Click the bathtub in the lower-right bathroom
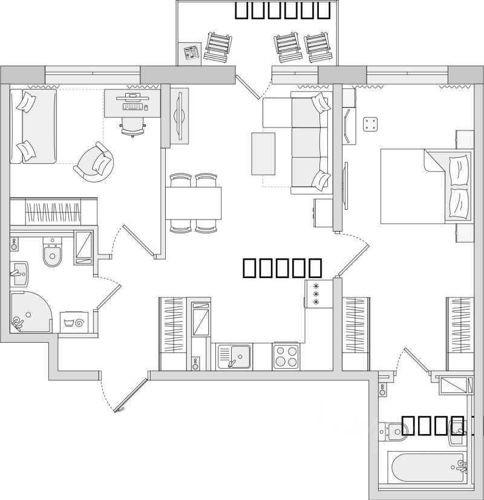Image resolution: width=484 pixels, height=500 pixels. [x=426, y=468]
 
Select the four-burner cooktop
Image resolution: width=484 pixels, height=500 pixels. [x=286, y=356]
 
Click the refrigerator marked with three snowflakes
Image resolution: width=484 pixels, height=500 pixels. [x=316, y=293]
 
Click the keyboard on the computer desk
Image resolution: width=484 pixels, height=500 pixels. [x=134, y=106]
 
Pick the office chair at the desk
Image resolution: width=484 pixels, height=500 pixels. [x=133, y=125]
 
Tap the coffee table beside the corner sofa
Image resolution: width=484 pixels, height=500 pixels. [x=263, y=154]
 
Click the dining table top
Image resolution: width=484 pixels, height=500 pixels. [x=194, y=203]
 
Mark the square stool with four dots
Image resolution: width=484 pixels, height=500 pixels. [x=370, y=125]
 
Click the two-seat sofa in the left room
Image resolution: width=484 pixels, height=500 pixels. [x=34, y=126]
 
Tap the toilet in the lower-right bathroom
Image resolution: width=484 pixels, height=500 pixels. [x=394, y=431]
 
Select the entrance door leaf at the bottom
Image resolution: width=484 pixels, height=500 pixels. [x=131, y=395]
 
